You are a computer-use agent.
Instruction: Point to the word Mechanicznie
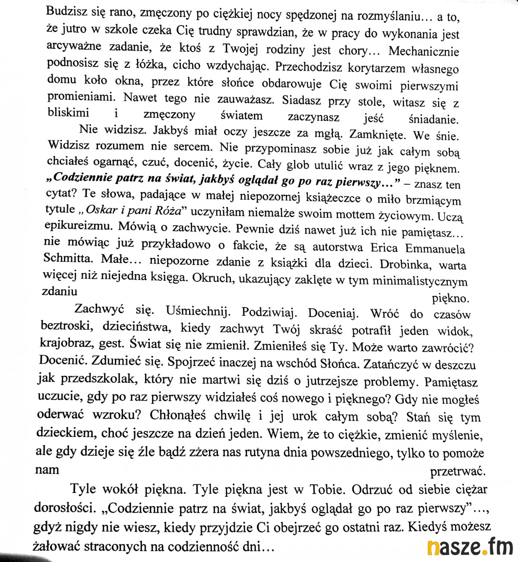pyautogui.click(x=423, y=51)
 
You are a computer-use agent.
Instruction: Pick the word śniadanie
pyautogui.click(x=433, y=119)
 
